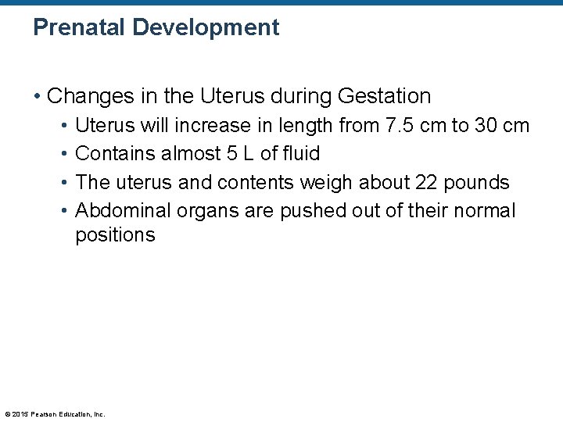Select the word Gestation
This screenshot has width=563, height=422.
(384, 96)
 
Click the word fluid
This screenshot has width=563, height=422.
(300, 154)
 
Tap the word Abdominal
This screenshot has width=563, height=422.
(123, 211)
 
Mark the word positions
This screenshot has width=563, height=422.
(115, 235)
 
